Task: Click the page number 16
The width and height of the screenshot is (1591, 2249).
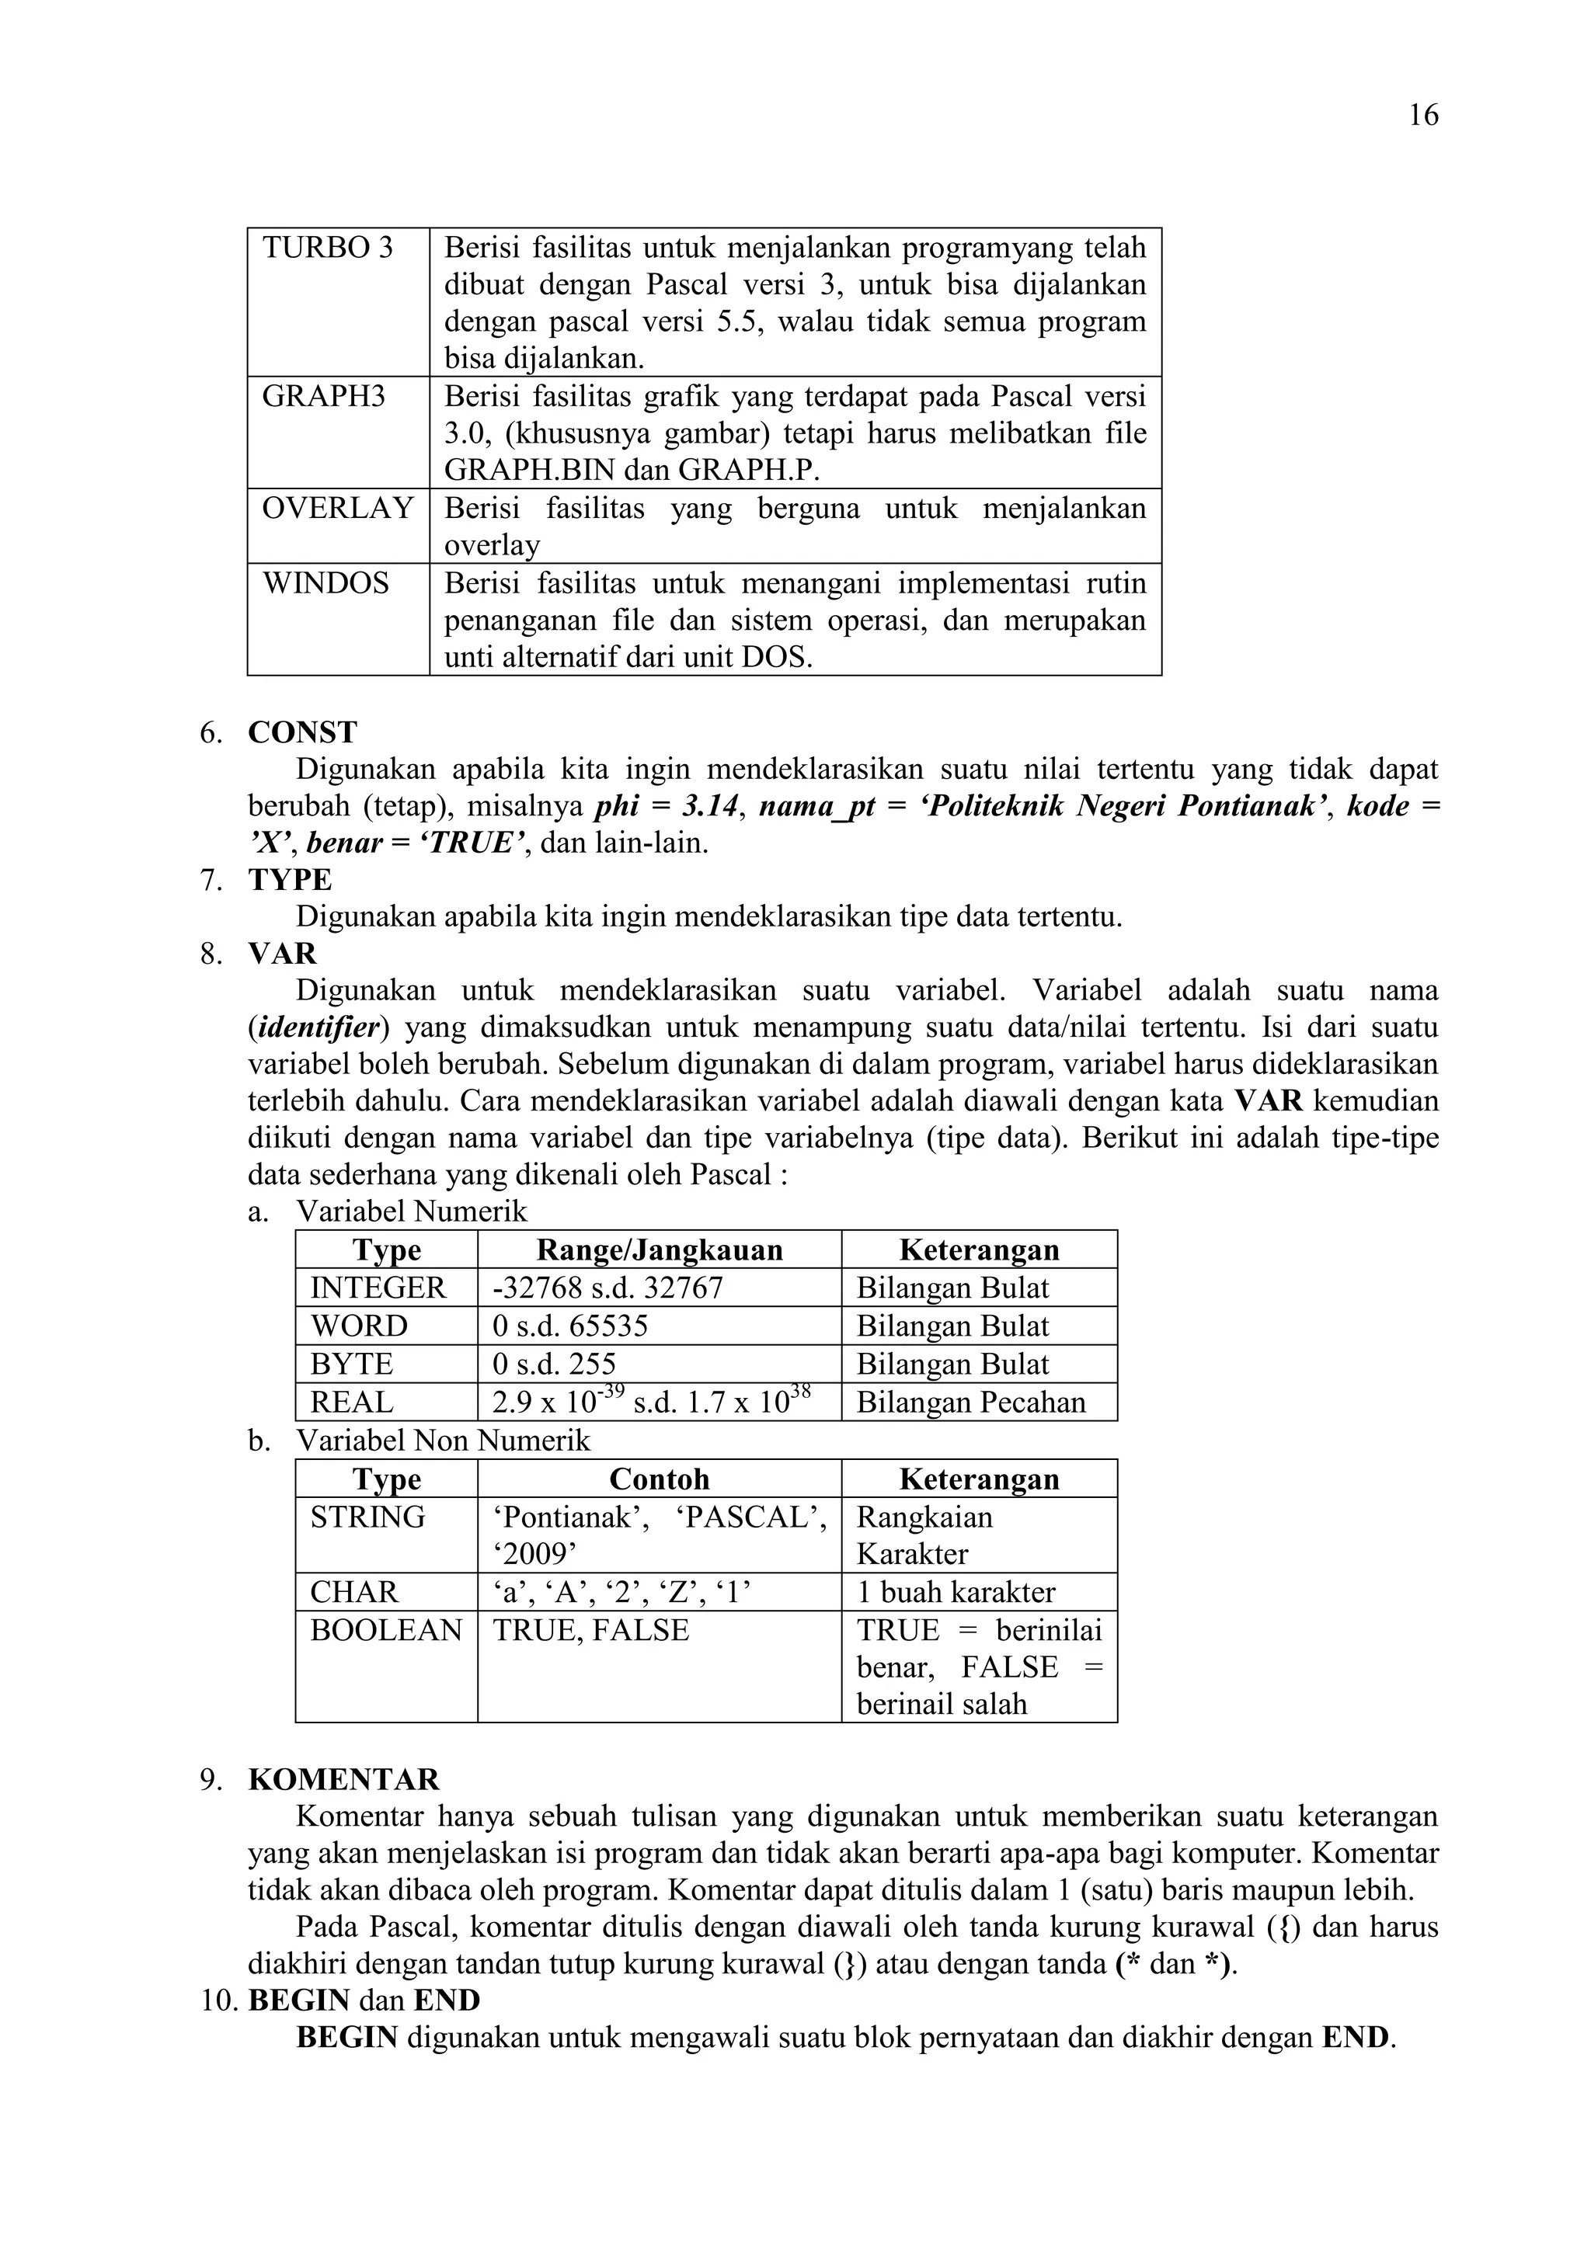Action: tap(1422, 116)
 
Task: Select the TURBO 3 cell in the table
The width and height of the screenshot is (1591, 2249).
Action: tap(327, 248)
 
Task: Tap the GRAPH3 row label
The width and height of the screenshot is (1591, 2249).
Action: tap(323, 397)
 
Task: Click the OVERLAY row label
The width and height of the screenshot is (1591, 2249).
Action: tap(337, 509)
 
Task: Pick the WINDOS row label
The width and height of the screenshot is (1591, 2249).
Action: tap(326, 584)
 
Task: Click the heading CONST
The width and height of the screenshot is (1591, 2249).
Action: tap(303, 732)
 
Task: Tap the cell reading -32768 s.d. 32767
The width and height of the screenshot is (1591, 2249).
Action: tap(608, 1288)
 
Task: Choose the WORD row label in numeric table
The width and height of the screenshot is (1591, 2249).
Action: tap(359, 1326)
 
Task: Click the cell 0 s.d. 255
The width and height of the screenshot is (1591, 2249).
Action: tap(555, 1364)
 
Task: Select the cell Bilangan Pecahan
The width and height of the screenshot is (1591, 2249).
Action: tap(971, 1403)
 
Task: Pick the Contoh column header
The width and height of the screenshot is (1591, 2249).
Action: tap(660, 1479)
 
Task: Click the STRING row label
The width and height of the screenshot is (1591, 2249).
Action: tap(367, 1517)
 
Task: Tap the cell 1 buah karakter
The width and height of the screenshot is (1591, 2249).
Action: tap(956, 1593)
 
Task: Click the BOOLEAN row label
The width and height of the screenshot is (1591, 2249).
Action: tap(386, 1631)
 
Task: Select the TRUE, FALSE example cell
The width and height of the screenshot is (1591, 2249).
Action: tap(590, 1631)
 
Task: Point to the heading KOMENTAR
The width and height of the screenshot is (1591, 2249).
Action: tap(344, 1780)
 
